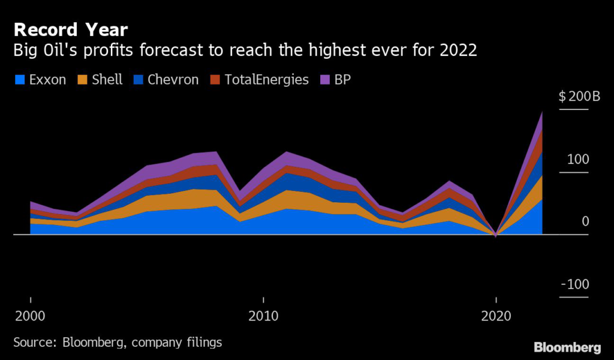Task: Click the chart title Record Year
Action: coord(70,29)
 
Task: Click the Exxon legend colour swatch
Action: coord(20,79)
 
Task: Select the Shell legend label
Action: coord(108,79)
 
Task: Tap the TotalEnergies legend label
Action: coord(267,79)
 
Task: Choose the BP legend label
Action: coord(342,79)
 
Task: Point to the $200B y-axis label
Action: coord(574,97)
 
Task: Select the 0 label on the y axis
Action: coord(585,222)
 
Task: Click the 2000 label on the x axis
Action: coord(30,316)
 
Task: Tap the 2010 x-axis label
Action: coord(263,316)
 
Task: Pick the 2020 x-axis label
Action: coord(495,316)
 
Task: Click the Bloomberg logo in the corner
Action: coord(567,347)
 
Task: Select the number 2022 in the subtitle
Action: coord(458,50)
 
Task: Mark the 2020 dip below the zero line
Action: coord(496,236)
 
